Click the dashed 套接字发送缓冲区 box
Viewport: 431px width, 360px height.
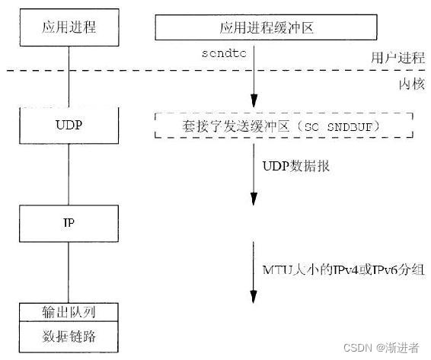pos(283,123)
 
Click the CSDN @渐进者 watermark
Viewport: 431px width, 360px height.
pos(381,347)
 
